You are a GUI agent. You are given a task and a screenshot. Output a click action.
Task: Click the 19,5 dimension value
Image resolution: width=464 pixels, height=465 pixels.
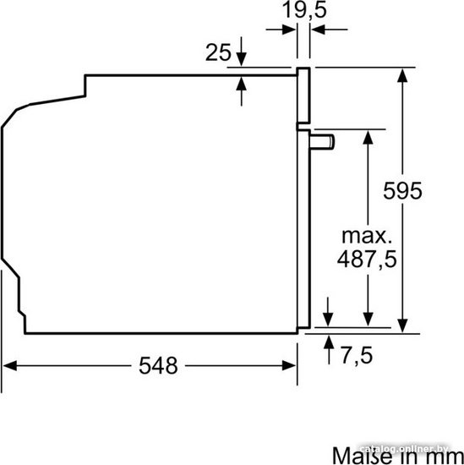pyautogui.click(x=304, y=9)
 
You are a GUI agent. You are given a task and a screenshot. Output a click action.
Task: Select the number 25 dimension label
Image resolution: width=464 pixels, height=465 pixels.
pyautogui.click(x=218, y=52)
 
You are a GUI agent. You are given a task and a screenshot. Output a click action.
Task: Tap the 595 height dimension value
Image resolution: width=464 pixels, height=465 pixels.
pyautogui.click(x=402, y=191)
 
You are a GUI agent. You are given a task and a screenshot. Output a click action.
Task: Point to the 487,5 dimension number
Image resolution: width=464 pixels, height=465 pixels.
pyautogui.click(x=367, y=260)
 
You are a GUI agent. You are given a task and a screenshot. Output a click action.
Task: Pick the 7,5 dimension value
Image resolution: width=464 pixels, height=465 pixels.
pyautogui.click(x=357, y=356)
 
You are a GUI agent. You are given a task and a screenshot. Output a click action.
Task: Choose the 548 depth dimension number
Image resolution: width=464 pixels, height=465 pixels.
pyautogui.click(x=158, y=365)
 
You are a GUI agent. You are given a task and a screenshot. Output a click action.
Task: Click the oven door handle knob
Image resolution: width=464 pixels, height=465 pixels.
pyautogui.click(x=322, y=142)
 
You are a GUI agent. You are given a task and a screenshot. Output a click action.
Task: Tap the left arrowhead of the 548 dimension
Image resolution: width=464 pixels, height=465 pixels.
pyautogui.click(x=9, y=365)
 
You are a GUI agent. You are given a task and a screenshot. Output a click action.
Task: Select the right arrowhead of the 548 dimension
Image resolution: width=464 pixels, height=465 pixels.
pyautogui.click(x=289, y=365)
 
